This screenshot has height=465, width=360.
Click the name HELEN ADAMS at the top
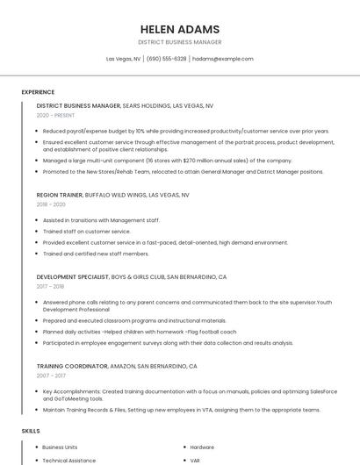tap(179, 29)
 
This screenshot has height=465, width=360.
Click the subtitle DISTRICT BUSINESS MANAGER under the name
tap(179, 42)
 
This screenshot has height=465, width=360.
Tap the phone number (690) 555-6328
tap(166, 59)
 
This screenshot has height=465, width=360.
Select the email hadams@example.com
tap(222, 59)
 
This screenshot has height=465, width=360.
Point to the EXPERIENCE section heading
tap(38, 92)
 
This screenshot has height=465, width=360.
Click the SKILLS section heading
tap(31, 431)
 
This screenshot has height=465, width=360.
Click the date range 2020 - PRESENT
tap(55, 115)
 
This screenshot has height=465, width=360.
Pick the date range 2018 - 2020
tap(52, 204)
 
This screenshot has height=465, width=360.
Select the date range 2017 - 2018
tap(50, 286)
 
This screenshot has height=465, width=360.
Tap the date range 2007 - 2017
tap(51, 375)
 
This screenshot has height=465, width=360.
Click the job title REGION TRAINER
tap(59, 194)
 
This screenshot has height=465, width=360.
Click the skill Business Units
tap(60, 447)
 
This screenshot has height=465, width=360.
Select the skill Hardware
tap(202, 447)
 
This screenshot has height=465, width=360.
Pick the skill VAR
tap(195, 460)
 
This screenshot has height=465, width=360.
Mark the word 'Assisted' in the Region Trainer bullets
tap(54, 220)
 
